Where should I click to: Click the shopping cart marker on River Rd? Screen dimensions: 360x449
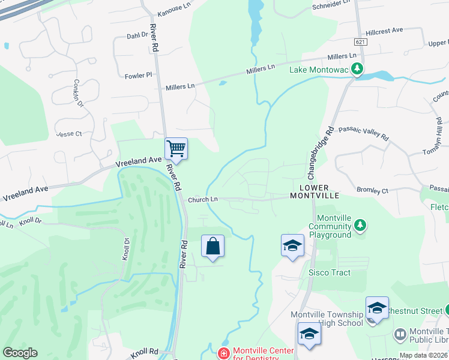point(176,148)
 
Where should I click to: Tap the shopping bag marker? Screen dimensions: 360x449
point(212,246)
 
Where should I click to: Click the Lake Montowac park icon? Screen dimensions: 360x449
point(357,69)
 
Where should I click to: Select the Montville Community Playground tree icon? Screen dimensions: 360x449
point(360,226)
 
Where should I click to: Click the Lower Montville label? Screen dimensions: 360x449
point(315,192)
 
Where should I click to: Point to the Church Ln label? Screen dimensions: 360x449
point(202,200)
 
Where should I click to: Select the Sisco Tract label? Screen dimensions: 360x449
point(329,273)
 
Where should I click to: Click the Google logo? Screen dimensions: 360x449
point(20,353)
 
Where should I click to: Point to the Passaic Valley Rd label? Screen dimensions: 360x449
point(363,133)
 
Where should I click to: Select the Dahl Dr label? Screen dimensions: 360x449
point(137,35)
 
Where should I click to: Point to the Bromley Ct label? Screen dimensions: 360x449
point(372,190)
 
